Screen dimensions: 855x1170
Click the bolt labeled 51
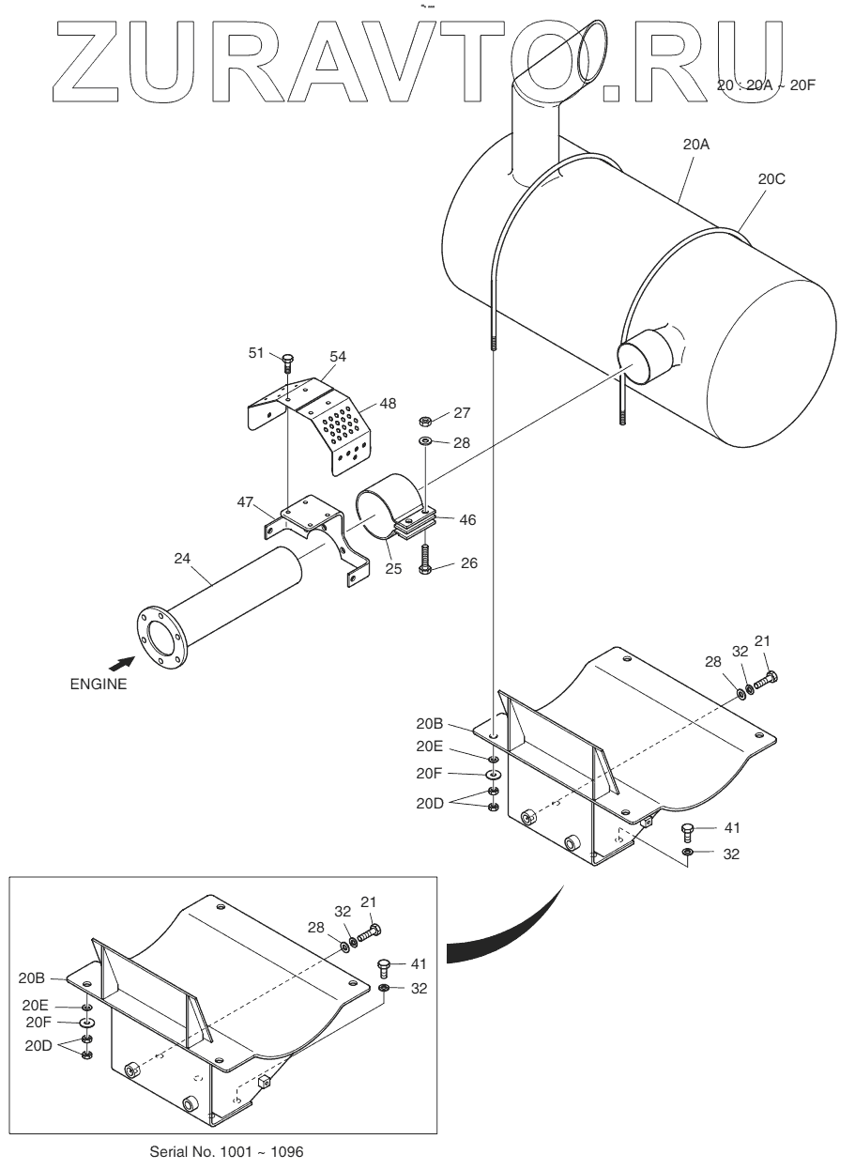pos(287,362)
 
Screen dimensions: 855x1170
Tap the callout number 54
pos(338,356)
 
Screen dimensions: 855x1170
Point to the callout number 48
pos(388,403)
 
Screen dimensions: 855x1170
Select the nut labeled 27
pos(425,420)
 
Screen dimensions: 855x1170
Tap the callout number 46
pos(467,519)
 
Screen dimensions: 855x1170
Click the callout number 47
pos(245,502)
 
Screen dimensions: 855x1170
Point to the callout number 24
pos(182,559)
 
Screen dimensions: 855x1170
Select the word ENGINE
pos(99,685)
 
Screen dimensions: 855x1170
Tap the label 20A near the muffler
pos(696,145)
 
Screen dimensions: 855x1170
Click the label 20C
pos(771,179)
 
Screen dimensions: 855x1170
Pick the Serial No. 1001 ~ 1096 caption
pos(226,1151)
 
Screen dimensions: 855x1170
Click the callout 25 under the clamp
pos(393,569)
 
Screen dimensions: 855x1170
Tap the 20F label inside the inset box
pos(38,1023)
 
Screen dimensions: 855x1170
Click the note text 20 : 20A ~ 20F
pos(766,85)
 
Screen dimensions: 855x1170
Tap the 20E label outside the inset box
pos(430,747)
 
